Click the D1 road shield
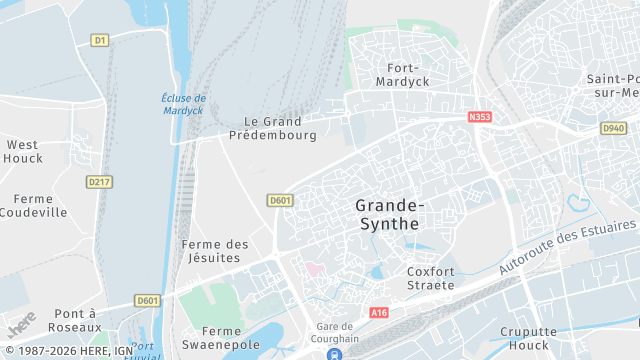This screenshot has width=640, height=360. [99, 40]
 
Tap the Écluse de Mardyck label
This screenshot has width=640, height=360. [184, 104]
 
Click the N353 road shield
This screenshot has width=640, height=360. [481, 117]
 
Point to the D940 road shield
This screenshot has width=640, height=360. [613, 129]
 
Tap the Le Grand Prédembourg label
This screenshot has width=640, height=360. [273, 128]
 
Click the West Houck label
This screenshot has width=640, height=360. [22, 151]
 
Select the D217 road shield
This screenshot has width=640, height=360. [99, 182]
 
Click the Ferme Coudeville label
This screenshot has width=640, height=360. [33, 205]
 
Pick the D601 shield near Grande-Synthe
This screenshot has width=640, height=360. [281, 201]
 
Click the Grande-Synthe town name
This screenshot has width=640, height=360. [388, 214]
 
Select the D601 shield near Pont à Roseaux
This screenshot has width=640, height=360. [148, 300]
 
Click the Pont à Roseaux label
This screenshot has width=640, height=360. [67, 320]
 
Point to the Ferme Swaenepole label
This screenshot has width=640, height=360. [221, 337]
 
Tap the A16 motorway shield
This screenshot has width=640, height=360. [378, 313]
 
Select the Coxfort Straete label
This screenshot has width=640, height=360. [431, 278]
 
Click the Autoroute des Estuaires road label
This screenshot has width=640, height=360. [566, 245]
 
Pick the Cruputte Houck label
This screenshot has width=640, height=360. [529, 338]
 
